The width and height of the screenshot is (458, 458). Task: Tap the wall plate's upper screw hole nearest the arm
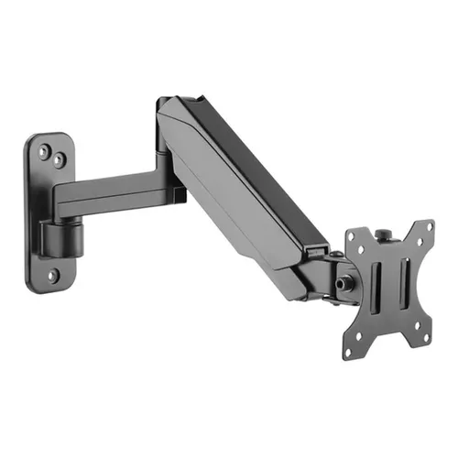click(x=59, y=159)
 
